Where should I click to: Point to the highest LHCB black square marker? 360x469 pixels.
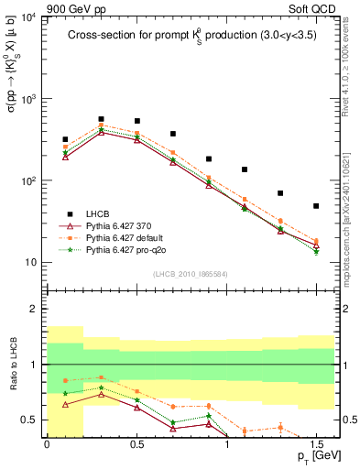[x=101, y=119]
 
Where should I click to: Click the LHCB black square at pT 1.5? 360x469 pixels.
[x=316, y=206]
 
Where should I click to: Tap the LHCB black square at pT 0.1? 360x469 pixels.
[x=65, y=140]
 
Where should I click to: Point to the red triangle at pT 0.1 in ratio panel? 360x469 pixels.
[x=65, y=404]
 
